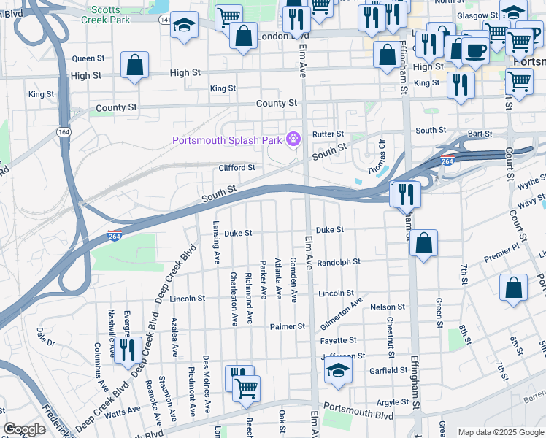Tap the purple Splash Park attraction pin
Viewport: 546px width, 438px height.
coord(294,137)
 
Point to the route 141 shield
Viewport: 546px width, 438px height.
coord(166,20)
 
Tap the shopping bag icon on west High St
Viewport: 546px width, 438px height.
coord(135,66)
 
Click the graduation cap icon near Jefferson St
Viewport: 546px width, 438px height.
coord(337,372)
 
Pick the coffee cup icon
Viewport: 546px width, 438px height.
coord(476,51)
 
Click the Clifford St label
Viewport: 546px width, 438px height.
coord(237,168)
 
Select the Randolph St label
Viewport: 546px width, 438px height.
coord(339,261)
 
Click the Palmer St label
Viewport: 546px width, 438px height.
coord(287,326)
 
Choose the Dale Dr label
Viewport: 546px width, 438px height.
coord(45,337)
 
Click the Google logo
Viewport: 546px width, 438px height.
coord(25,429)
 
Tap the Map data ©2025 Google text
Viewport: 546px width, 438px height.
coord(499,432)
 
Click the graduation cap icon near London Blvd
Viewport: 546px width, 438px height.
coord(185,26)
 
